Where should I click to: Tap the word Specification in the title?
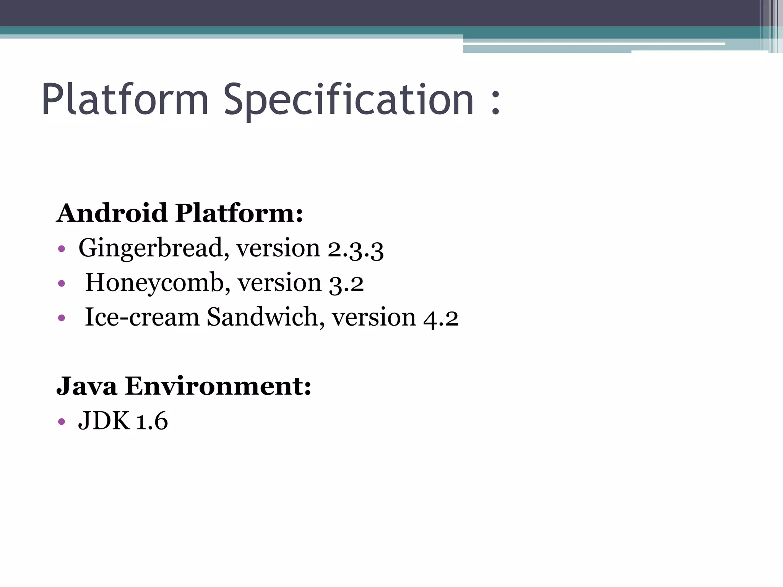349,100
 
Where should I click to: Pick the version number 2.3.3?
356,249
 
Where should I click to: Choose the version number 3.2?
346,284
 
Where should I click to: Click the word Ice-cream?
142,317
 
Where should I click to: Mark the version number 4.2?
441,318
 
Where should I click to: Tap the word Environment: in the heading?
218,386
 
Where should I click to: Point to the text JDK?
104,421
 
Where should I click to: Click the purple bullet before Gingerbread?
62,250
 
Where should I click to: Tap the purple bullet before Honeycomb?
62,284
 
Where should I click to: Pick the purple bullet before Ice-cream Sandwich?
62,318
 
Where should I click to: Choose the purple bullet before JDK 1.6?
62,422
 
